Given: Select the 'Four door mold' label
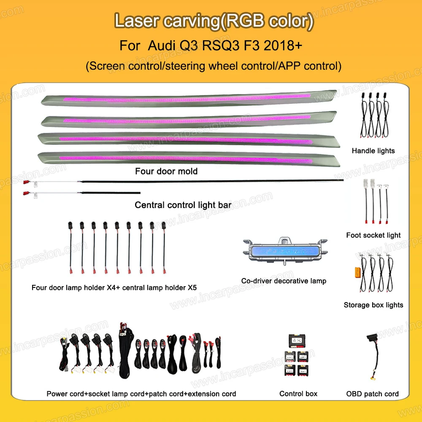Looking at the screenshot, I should pyautogui.click(x=166, y=172).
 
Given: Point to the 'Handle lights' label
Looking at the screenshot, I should pyautogui.click(x=373, y=151).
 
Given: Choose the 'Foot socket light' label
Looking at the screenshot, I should pyautogui.click(x=373, y=235).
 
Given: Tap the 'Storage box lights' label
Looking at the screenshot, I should pyautogui.click(x=373, y=305).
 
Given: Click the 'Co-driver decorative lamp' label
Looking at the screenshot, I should pyautogui.click(x=284, y=281).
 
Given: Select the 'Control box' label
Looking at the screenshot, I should pyautogui.click(x=298, y=394).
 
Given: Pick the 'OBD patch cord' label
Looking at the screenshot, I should pyautogui.click(x=373, y=394).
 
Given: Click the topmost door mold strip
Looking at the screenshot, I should pyautogui.click(x=190, y=99).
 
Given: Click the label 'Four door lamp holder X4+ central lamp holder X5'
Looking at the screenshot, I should pyautogui.click(x=114, y=288).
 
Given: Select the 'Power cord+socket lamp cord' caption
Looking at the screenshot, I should pyautogui.click(x=141, y=394).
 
